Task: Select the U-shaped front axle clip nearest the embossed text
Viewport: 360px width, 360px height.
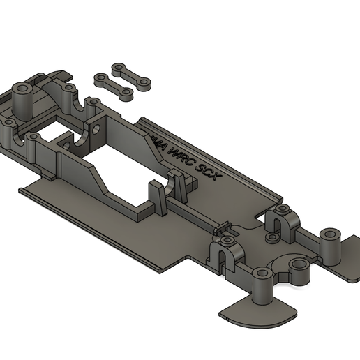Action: (281, 220)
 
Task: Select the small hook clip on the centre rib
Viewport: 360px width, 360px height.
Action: (224, 227)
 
